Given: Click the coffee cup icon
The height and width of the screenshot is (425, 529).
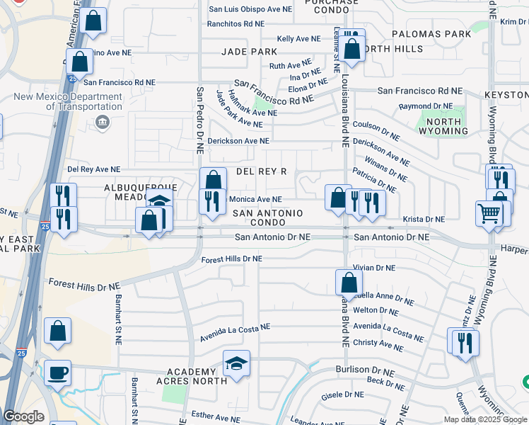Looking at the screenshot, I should [57, 373].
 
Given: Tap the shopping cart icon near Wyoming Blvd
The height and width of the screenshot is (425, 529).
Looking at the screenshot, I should [489, 213].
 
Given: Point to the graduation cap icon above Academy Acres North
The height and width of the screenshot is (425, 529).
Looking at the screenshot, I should [236, 364].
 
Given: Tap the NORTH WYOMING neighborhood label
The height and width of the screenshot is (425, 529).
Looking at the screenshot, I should [439, 126].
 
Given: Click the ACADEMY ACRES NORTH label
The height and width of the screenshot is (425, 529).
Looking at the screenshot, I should [191, 378].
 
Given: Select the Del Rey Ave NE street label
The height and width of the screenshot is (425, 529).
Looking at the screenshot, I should [93, 170].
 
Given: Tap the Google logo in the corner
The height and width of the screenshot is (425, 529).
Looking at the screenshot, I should [23, 416].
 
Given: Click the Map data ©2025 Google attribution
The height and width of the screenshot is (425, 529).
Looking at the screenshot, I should [484, 419].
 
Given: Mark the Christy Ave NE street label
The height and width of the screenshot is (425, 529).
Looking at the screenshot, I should [378, 344].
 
